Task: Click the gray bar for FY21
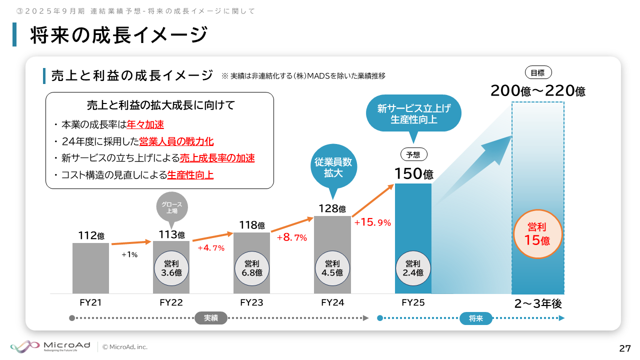tap(90, 268)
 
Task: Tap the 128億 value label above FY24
tap(332, 208)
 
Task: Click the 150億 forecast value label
tap(413, 173)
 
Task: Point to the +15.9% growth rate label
tap(372, 222)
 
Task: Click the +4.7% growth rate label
tap(211, 247)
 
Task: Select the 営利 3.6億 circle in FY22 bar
tap(171, 268)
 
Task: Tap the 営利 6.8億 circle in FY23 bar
tap(252, 268)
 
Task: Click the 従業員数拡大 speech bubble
tap(332, 167)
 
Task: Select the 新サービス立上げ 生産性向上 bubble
tap(413, 113)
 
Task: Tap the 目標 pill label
tap(537, 72)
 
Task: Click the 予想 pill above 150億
tap(413, 155)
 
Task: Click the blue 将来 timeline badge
tap(476, 318)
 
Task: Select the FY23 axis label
tap(251, 302)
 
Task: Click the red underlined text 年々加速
tap(145, 124)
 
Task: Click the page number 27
tap(624, 348)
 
